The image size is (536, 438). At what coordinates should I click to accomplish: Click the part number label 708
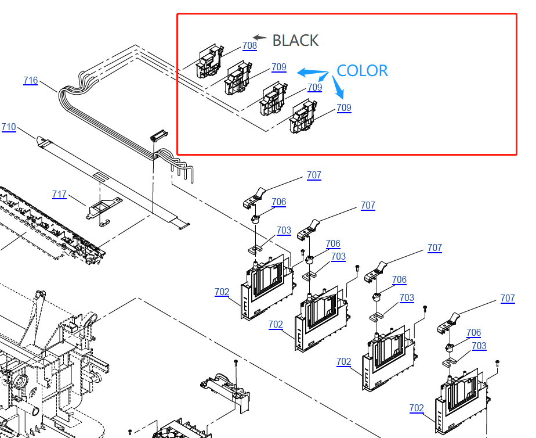(x=249, y=46)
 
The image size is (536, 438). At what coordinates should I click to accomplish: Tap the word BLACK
(x=295, y=41)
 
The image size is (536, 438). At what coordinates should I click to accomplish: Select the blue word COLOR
(x=362, y=71)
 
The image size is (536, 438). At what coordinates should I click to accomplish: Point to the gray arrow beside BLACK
(x=260, y=38)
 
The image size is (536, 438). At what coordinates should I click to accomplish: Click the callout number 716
(x=31, y=81)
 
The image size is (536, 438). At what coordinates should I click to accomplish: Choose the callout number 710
(x=9, y=127)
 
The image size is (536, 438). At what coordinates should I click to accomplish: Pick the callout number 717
(x=59, y=195)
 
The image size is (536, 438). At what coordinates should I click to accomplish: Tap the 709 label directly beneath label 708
(x=279, y=67)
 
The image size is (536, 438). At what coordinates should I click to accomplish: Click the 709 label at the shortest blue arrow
(x=315, y=88)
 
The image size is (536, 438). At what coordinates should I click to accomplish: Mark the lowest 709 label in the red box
(x=344, y=108)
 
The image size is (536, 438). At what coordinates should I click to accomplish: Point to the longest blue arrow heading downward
(x=338, y=88)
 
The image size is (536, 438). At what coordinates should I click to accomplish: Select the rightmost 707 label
(x=508, y=299)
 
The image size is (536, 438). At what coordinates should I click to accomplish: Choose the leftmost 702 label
(x=222, y=292)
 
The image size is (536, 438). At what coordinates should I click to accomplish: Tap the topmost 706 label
(x=279, y=202)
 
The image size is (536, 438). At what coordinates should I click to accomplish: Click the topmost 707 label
(x=314, y=175)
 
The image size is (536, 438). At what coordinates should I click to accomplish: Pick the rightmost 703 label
(x=479, y=346)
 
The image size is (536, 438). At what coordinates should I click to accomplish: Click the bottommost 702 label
(x=417, y=408)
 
